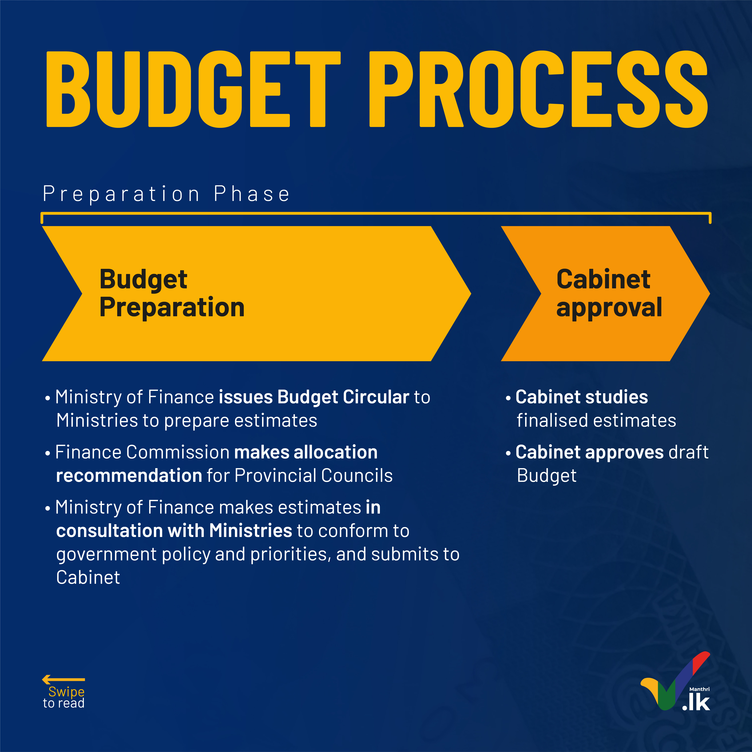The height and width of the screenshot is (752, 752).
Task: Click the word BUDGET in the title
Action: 193,89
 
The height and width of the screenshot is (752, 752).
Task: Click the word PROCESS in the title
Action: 538,89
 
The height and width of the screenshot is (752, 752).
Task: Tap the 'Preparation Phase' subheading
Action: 166,194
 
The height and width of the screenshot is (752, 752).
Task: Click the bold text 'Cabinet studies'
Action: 582,397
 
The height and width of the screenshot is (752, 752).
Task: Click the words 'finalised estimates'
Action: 596,420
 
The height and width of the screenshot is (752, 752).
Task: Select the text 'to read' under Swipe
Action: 63,703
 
